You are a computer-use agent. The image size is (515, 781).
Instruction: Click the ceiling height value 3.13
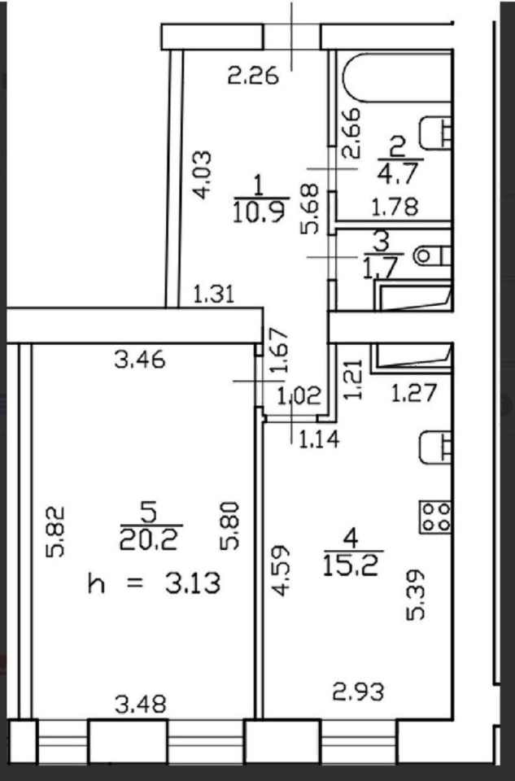click(193, 583)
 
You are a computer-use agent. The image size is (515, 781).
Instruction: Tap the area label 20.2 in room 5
click(149, 539)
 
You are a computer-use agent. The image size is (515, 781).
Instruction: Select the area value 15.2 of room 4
click(351, 565)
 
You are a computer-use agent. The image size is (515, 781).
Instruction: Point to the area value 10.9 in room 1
click(259, 211)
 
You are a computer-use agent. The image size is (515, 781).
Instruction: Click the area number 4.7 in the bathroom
click(398, 174)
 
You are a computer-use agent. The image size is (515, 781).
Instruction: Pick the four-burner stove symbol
click(435, 517)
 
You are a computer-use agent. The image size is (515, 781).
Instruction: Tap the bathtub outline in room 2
click(398, 76)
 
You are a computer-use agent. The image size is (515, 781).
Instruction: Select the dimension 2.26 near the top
click(253, 76)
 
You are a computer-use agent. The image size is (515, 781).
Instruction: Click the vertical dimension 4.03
click(203, 175)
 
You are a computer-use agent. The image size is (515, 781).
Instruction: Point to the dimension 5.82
click(55, 531)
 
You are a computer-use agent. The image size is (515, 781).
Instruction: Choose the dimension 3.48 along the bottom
click(141, 705)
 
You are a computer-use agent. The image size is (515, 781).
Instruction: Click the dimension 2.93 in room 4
click(359, 692)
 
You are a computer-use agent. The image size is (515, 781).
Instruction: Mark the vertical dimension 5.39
click(416, 595)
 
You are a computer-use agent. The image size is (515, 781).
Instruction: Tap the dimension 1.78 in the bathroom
click(395, 207)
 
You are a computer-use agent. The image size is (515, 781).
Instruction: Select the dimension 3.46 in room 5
click(139, 359)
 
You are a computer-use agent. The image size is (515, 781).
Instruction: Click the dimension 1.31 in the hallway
click(213, 294)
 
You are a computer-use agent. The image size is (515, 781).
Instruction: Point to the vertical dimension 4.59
click(282, 570)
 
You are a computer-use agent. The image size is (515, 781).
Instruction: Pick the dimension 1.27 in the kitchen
click(414, 392)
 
